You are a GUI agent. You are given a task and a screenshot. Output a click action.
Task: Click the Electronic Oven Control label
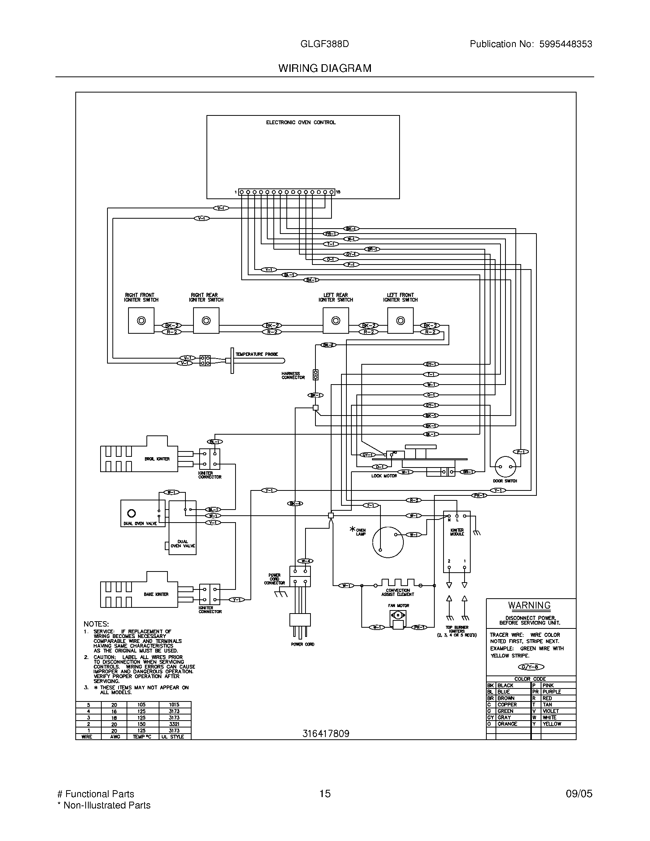pos(301,122)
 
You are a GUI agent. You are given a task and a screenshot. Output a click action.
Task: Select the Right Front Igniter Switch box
pos(141,321)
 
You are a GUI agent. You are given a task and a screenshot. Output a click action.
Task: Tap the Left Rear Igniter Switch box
pos(335,321)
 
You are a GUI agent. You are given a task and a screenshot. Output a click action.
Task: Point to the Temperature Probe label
pos(257,354)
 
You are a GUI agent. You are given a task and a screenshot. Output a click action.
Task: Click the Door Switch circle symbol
pos(505,467)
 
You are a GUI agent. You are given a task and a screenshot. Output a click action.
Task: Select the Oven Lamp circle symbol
pos(388,542)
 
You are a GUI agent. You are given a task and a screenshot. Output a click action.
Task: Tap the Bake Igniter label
pos(156,594)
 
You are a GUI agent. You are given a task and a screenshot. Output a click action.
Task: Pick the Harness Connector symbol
pos(315,375)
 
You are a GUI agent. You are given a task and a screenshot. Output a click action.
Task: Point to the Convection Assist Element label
pos(398,592)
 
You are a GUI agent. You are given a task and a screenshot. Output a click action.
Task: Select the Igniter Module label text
pos(457,532)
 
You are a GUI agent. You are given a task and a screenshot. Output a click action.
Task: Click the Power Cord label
pos(303,644)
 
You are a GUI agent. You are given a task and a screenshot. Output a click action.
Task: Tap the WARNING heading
pos(529,606)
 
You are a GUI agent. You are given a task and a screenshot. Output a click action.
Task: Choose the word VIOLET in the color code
pos(550,711)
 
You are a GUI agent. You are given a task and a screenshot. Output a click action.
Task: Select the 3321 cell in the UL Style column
pos(174,724)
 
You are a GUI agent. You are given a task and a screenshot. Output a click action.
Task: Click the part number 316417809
pos(326,734)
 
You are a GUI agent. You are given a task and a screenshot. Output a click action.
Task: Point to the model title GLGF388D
pos(325,44)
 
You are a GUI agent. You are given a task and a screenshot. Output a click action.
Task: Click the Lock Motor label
pos(384,476)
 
